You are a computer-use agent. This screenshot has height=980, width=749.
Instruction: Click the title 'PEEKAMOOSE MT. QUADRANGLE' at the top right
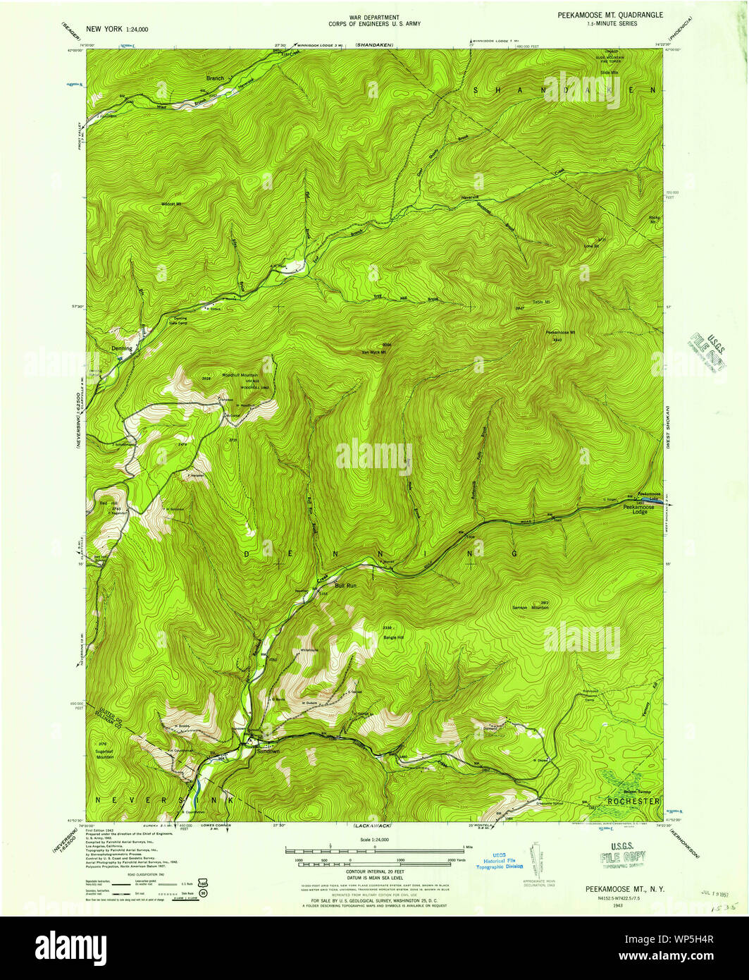[x=609, y=15]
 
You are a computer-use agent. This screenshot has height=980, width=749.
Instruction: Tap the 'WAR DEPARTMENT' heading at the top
[x=374, y=16]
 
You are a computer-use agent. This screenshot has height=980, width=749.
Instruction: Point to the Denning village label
[x=121, y=348]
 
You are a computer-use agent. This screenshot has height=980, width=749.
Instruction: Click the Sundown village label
[x=268, y=752]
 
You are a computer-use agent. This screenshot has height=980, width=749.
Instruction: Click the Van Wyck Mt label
[x=375, y=352]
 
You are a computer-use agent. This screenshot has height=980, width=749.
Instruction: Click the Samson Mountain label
[x=531, y=606]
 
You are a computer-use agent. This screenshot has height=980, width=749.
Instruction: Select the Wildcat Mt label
[x=171, y=204]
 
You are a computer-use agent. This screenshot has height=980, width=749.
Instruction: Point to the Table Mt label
[x=540, y=302]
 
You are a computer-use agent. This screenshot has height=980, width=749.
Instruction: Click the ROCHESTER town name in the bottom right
[x=633, y=802]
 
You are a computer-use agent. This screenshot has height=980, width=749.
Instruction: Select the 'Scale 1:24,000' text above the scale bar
[x=374, y=840]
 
